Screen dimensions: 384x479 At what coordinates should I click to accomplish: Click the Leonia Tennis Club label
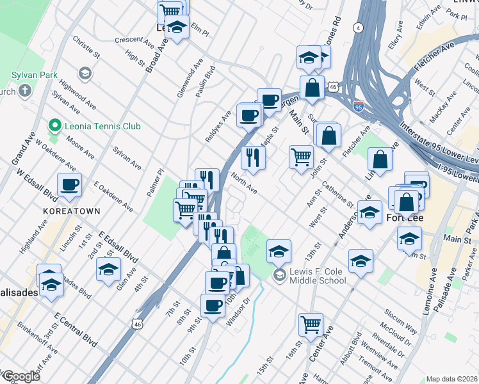[x=102, y=126]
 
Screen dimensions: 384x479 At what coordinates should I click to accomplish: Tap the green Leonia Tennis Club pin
[x=55, y=125]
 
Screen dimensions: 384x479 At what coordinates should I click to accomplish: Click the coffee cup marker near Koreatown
[x=70, y=186]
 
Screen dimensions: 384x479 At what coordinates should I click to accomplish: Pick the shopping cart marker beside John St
[x=301, y=156]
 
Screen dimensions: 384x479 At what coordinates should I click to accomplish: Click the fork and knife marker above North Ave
[x=253, y=156]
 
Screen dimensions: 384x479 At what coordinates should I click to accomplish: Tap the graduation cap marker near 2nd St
[x=109, y=269]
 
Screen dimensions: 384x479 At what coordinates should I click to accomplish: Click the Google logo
[x=21, y=376]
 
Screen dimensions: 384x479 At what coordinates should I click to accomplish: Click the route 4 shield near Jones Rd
[x=359, y=28]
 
